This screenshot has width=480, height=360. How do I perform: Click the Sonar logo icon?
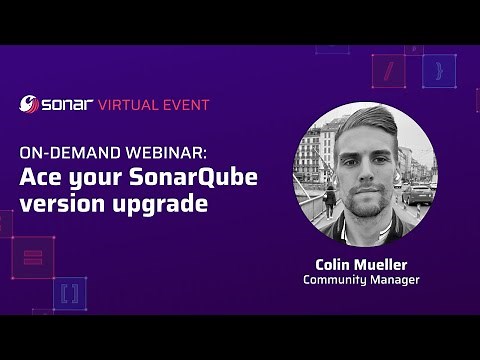[x=29, y=104]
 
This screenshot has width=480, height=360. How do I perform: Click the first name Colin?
[x=335, y=264]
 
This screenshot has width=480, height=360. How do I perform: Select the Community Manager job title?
[x=361, y=280]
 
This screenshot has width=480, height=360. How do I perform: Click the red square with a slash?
[x=389, y=70]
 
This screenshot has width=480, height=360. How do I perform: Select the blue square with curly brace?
[x=438, y=70]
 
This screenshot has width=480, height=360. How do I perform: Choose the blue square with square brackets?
[x=69, y=293]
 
